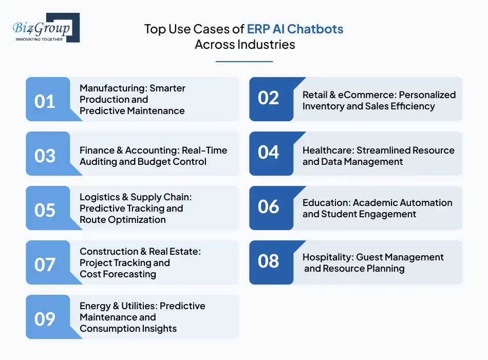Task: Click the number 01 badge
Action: [x=45, y=101]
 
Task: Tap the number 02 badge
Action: [x=268, y=98]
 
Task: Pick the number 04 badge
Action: [x=268, y=153]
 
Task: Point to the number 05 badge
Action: [x=45, y=210]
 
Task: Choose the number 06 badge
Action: [x=268, y=207]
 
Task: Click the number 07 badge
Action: [x=45, y=264]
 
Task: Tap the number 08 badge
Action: [x=268, y=261]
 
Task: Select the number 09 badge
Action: [x=45, y=319]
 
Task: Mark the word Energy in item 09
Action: [x=95, y=306]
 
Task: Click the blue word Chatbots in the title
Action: [x=319, y=29]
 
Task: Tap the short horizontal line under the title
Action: [x=244, y=62]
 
